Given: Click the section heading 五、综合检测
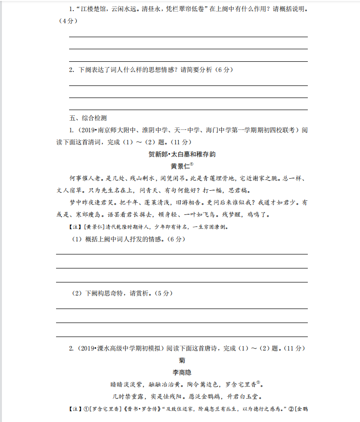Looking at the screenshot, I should pyautogui.click(x=88, y=118).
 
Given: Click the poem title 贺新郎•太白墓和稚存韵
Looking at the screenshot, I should pyautogui.click(x=182, y=154).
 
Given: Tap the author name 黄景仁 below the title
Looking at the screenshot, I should pyautogui.click(x=180, y=165).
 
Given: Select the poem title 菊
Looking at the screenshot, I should pyautogui.click(x=182, y=360).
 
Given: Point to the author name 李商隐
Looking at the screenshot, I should pyautogui.click(x=182, y=372).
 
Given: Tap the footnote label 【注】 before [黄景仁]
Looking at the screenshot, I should pyautogui.click(x=77, y=227).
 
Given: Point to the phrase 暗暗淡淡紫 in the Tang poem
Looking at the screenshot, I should pyautogui.click(x=127, y=384).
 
